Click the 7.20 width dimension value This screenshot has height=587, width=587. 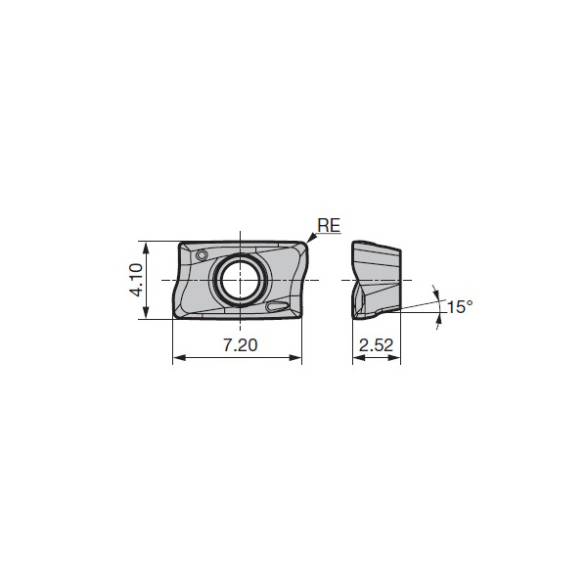(237, 346)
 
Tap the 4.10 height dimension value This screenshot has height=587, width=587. (137, 279)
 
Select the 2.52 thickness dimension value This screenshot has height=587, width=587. (376, 346)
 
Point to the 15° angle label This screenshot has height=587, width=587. (459, 307)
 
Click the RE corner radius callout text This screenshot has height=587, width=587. (329, 225)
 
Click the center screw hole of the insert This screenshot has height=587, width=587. (241, 280)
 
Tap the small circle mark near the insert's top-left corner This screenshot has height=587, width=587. (202, 255)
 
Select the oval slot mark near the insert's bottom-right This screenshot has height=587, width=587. (278, 307)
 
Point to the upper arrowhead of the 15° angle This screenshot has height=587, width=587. (434, 291)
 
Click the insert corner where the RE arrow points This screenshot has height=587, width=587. (304, 245)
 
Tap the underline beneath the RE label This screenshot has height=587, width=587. (329, 234)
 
